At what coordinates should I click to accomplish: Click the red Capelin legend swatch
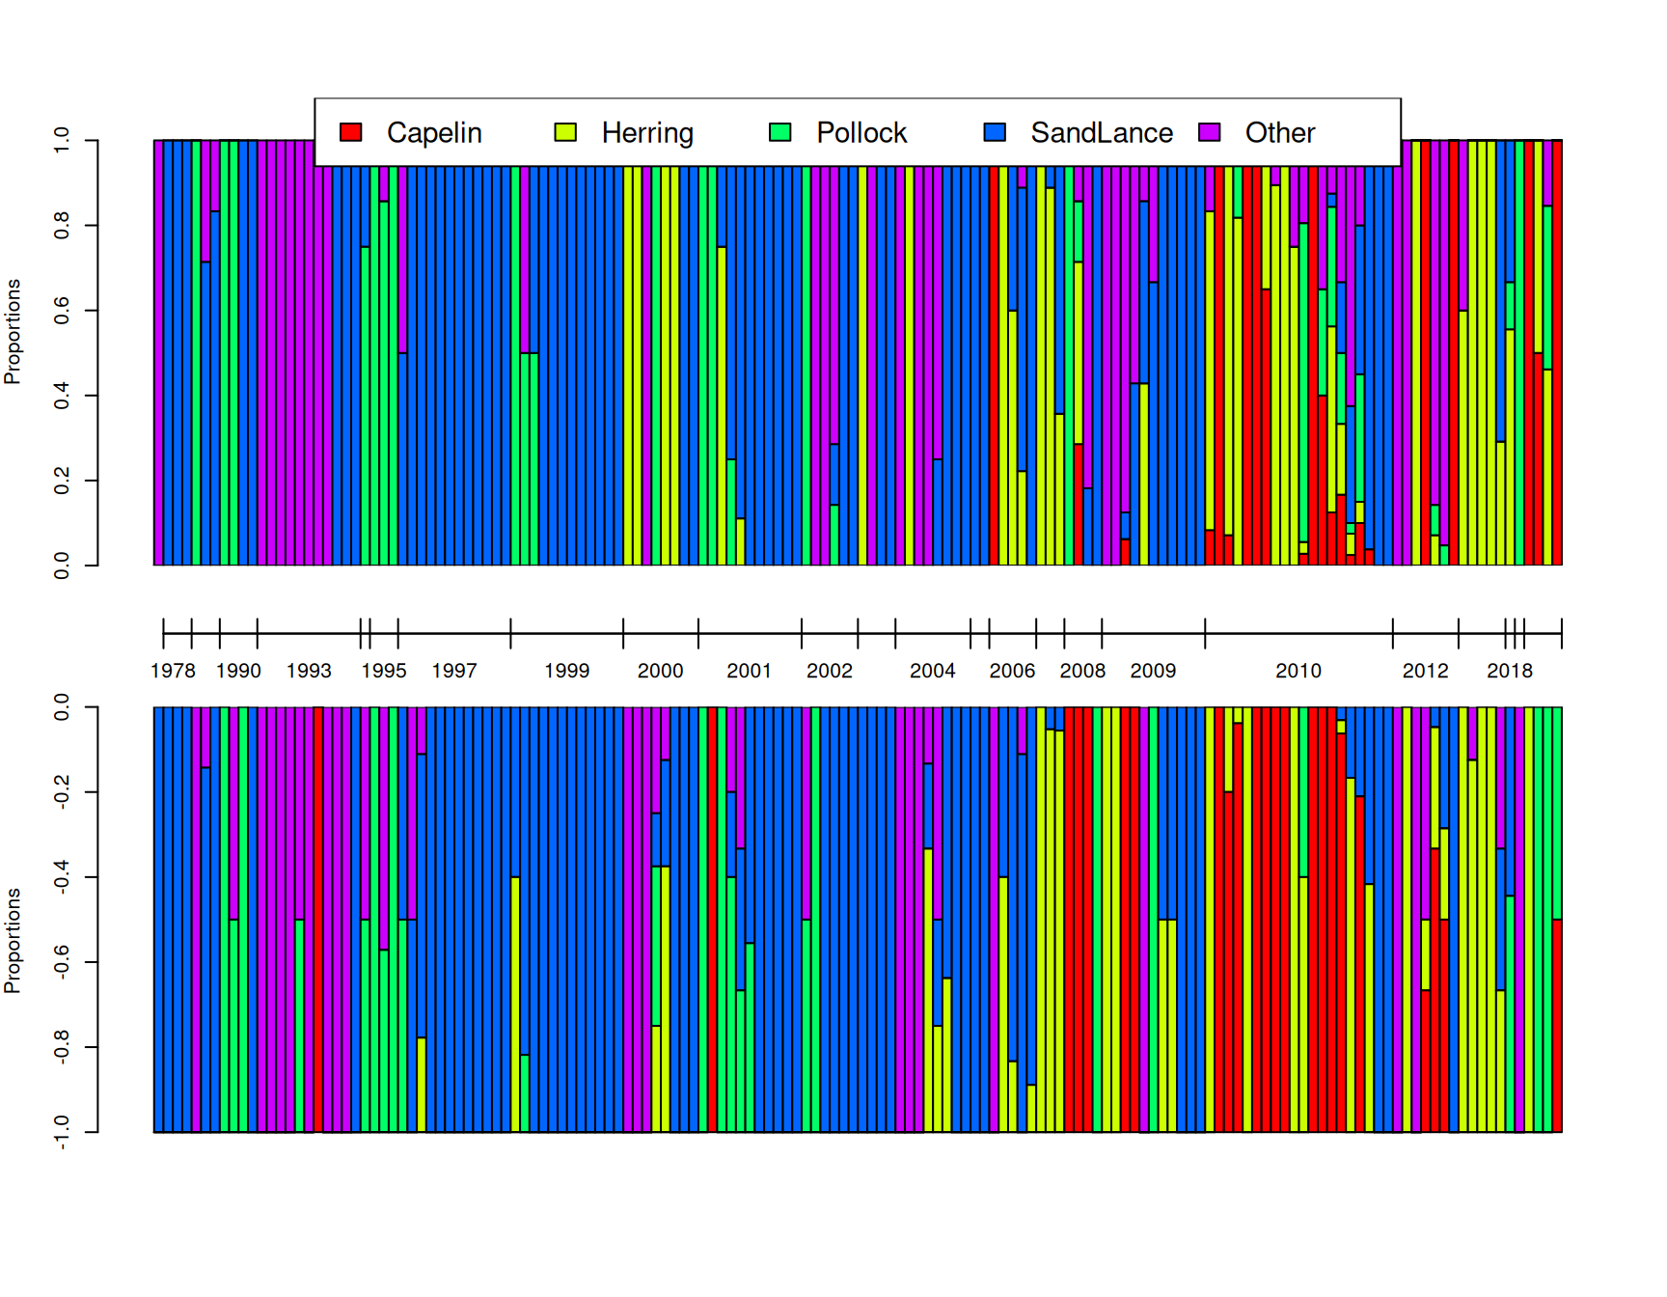(351, 132)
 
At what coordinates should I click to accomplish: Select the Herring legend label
(646, 132)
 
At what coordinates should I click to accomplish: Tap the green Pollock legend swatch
(780, 132)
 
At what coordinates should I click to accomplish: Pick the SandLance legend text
(1101, 132)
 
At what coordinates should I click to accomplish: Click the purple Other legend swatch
(1210, 132)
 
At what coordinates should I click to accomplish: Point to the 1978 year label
(173, 671)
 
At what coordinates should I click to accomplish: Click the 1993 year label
(309, 671)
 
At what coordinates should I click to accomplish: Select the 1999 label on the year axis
(566, 671)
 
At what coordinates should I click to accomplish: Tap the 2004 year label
(932, 671)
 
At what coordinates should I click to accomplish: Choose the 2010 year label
(1298, 671)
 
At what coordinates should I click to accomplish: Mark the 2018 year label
(1509, 671)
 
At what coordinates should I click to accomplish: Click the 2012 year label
(1425, 671)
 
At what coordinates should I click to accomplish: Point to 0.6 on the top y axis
(62, 311)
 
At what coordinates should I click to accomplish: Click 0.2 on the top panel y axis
(62, 481)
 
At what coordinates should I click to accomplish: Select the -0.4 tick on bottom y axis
(62, 877)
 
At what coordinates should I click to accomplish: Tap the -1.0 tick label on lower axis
(62, 1132)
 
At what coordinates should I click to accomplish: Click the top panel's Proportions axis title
(13, 332)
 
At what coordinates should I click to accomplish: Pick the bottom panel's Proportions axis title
(13, 941)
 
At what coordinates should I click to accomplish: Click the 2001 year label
(749, 671)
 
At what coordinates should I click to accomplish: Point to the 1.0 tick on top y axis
(62, 141)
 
